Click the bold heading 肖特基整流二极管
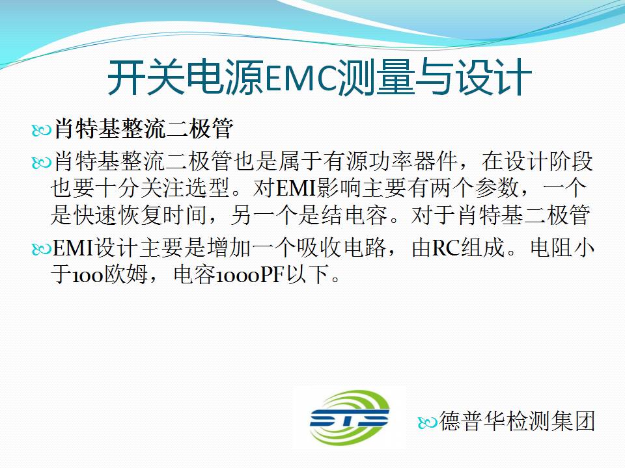143,129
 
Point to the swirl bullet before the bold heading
42,130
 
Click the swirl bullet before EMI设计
42,249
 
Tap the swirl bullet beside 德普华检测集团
428,422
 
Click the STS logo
349,418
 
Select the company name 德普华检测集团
517,421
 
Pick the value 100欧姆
109,274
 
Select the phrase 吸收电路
341,248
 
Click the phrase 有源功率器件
390,161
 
